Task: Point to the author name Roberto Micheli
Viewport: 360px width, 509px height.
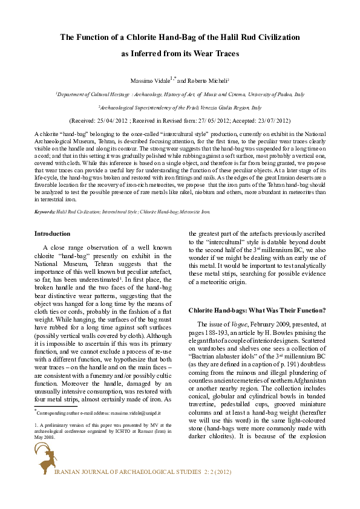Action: point(204,80)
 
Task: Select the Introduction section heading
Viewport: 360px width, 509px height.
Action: point(52,233)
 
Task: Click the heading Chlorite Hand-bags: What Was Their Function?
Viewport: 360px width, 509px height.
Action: point(257,310)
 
